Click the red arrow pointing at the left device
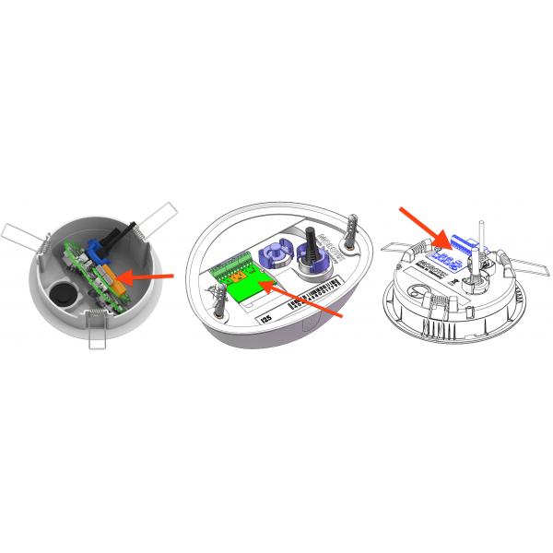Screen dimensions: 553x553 click(x=147, y=276)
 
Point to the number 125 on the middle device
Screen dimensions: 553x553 click(x=268, y=318)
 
